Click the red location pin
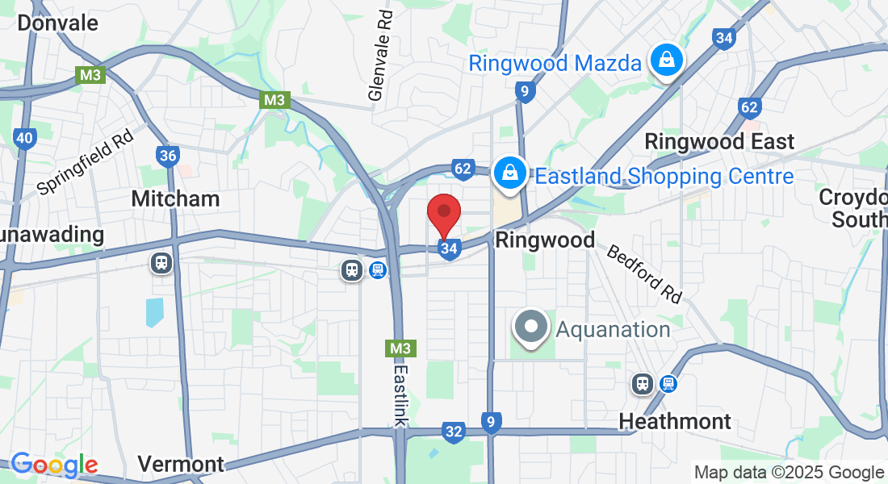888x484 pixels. pyautogui.click(x=443, y=214)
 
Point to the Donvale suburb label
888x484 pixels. pyautogui.click(x=57, y=23)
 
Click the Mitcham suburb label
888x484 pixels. pyautogui.click(x=175, y=198)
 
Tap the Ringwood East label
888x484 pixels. pyautogui.click(x=719, y=141)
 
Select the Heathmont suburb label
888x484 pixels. pyautogui.click(x=675, y=421)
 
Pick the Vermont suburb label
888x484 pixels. pyautogui.click(x=180, y=464)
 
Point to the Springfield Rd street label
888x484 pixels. pyautogui.click(x=85, y=163)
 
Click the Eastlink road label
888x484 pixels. pyautogui.click(x=401, y=394)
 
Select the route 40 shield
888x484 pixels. pyautogui.click(x=24, y=138)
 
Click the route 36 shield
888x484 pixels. pyautogui.click(x=168, y=155)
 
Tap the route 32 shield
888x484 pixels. pyautogui.click(x=454, y=432)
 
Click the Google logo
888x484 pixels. pyautogui.click(x=54, y=465)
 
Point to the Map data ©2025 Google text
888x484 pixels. pyautogui.click(x=789, y=473)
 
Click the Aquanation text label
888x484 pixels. pyautogui.click(x=613, y=329)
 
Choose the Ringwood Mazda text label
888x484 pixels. pyautogui.click(x=555, y=63)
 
